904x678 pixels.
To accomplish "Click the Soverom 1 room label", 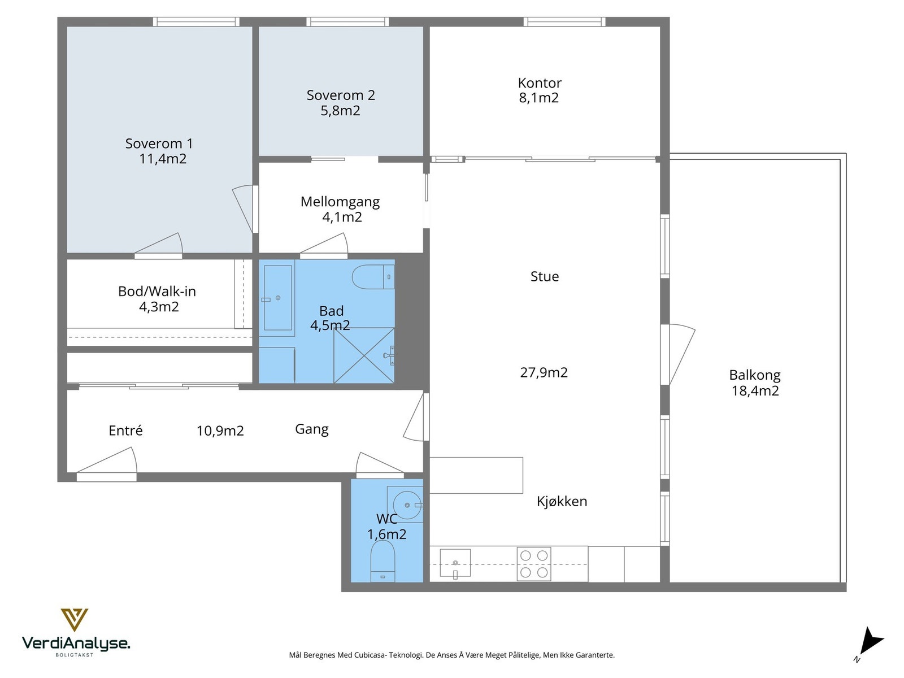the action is click(159, 144).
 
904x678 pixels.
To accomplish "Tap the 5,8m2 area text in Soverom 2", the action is click(340, 111).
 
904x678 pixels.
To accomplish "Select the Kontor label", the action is click(540, 83).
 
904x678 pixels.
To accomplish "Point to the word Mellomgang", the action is click(340, 202).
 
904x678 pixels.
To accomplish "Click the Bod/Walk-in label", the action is click(157, 292).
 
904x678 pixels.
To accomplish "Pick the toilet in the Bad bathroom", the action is click(373, 277).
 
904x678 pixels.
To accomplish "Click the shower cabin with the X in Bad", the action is click(364, 355).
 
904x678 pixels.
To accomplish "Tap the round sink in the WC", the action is click(407, 505).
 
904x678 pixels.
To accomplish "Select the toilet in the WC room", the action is click(383, 560).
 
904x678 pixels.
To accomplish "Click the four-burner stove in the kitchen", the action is click(534, 564).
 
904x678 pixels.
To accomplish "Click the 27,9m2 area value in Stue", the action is click(544, 372).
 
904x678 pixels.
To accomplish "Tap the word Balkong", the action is click(754, 375).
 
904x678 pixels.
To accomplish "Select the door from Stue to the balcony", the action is click(678, 354).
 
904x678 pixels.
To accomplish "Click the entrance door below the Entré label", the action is click(107, 465).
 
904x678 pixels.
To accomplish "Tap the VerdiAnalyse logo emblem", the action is click(74, 620).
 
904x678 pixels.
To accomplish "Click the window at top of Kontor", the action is click(564, 22).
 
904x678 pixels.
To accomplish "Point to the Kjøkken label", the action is click(562, 501).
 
